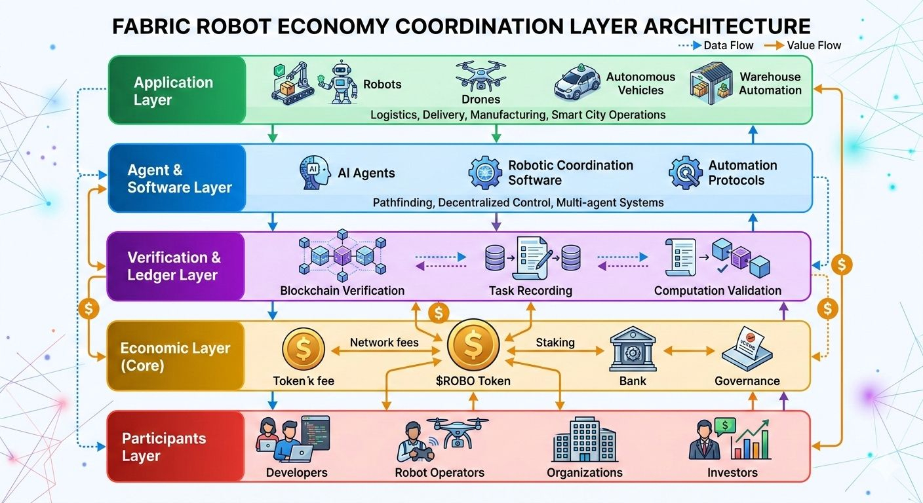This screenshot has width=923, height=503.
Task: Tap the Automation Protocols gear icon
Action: [685, 172]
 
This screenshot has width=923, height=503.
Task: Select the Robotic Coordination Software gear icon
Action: [485, 172]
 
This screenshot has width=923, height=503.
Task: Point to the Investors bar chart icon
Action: [751, 442]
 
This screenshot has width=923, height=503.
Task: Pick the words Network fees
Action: [384, 343]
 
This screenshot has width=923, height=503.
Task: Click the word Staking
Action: [555, 343]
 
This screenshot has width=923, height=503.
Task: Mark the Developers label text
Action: [296, 472]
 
